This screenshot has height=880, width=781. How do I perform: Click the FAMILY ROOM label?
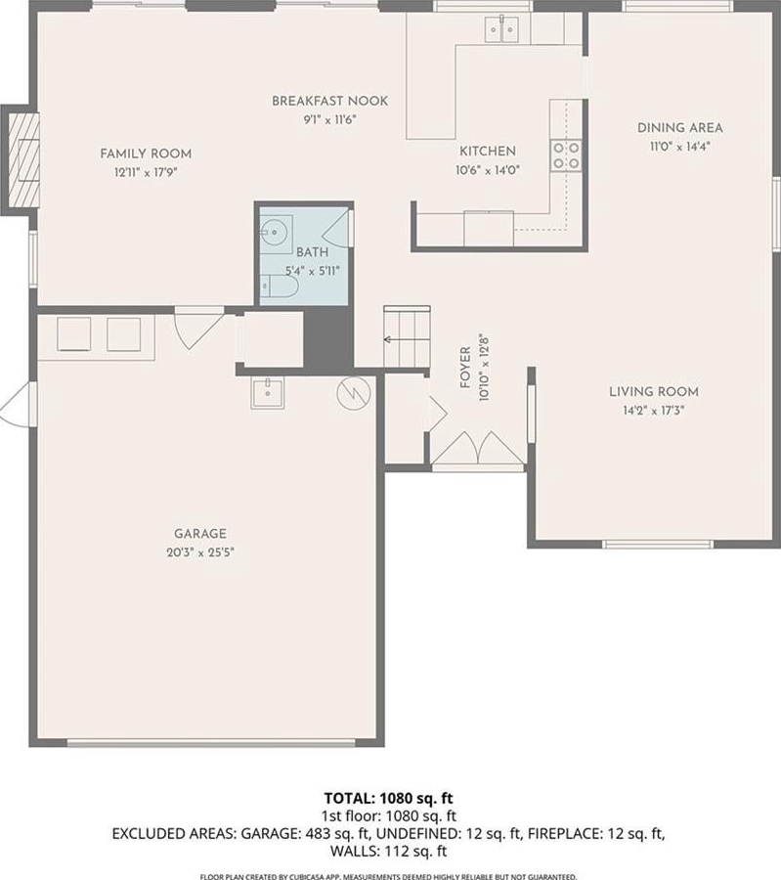coord(146,154)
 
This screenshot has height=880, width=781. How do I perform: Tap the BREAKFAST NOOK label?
coord(330,101)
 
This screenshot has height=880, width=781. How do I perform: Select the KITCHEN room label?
coord(488,151)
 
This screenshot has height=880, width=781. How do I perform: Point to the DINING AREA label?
coord(680,127)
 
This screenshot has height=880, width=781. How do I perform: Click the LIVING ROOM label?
coord(654,392)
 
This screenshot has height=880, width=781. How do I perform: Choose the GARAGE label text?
coord(199,534)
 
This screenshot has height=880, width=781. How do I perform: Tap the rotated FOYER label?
coord(465,368)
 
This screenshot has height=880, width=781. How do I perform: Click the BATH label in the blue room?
coord(313,252)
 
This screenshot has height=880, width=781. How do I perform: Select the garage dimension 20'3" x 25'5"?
coord(199,552)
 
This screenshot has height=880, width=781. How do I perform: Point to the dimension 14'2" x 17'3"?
coord(654,411)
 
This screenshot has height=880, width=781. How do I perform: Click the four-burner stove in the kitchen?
coord(566,155)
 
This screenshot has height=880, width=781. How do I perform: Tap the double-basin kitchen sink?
coord(502,29)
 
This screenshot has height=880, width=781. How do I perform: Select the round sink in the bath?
coord(275,230)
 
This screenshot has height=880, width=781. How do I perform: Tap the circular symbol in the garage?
coord(354,393)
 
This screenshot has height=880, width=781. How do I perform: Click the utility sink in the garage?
coord(268,393)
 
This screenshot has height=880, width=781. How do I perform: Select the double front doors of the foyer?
coord(478,449)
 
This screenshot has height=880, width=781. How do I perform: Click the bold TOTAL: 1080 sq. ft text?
coord(388,798)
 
